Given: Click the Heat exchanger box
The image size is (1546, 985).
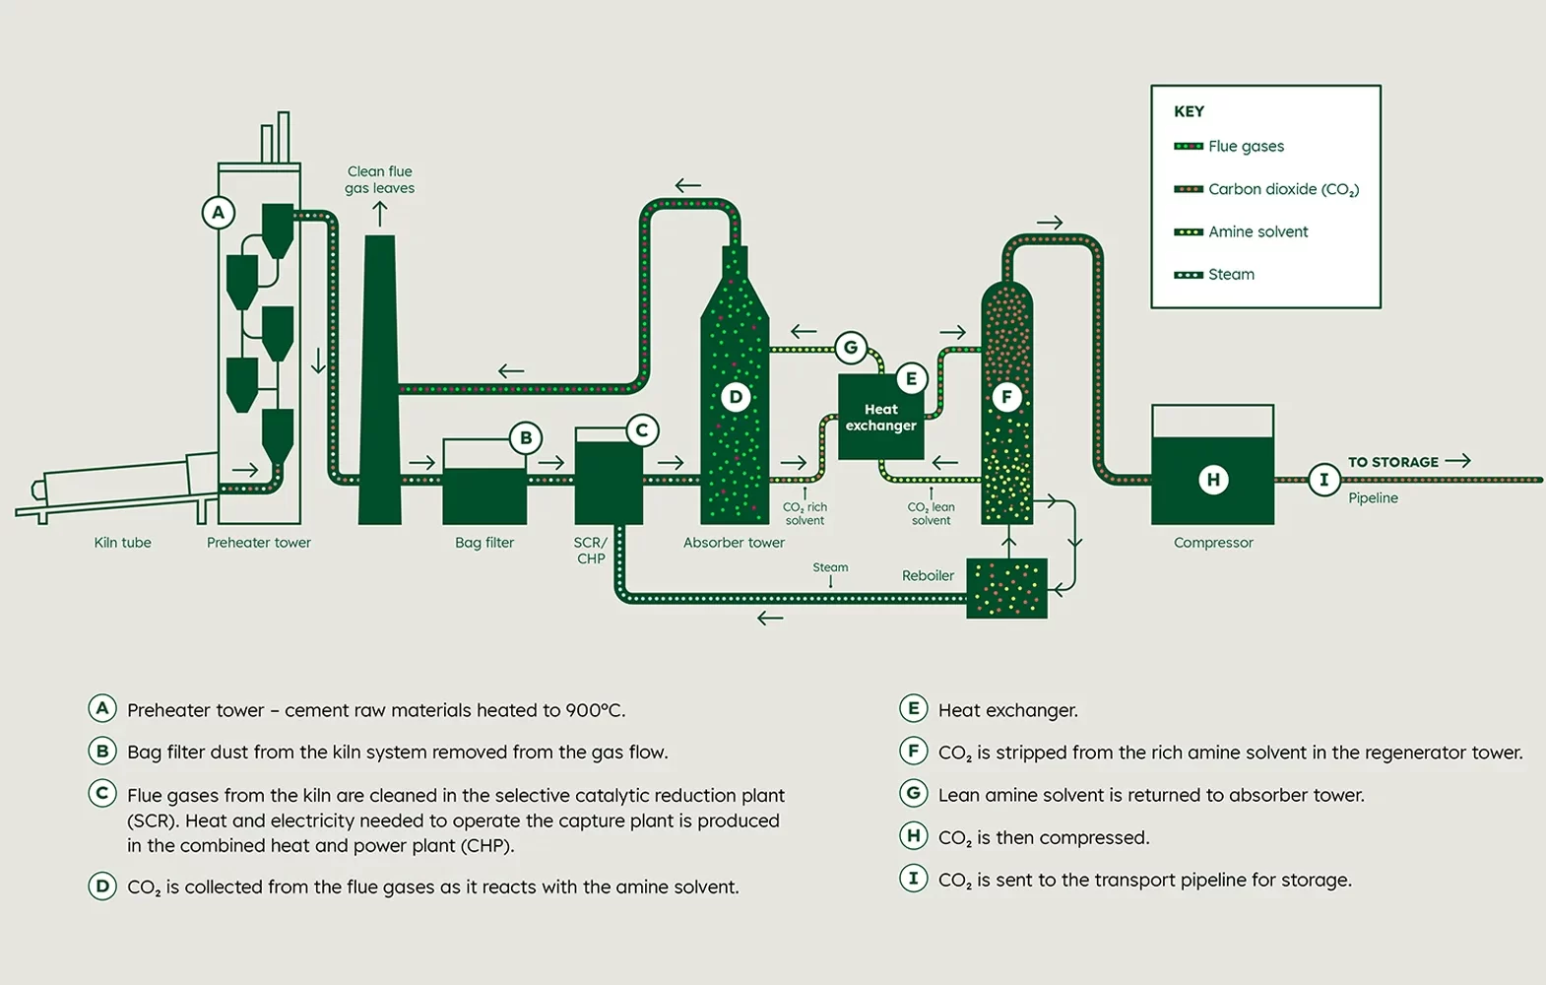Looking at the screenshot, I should (880, 418).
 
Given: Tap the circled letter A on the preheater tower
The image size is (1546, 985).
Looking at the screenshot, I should (219, 213).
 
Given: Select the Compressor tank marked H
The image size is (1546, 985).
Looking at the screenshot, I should (1212, 479).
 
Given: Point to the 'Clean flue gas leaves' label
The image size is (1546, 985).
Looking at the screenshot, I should (379, 179).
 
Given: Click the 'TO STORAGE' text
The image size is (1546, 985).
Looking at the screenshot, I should (1392, 462).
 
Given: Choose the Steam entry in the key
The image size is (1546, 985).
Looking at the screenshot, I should (1231, 275).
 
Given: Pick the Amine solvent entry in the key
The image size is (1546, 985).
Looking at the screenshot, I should (1257, 231).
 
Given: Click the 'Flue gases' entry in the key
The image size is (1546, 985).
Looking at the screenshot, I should (1246, 147).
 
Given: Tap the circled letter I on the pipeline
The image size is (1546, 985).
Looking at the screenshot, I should (1323, 480).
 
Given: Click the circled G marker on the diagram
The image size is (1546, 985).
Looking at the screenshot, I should (851, 347).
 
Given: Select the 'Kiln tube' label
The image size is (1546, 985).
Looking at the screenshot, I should (122, 543).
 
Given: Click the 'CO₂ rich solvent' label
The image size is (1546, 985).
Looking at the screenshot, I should (805, 513).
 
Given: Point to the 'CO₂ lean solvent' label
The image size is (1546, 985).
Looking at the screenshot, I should (931, 513).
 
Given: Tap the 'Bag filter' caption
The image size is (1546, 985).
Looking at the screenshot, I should (484, 543).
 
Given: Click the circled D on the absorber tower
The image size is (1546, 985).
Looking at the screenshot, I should (736, 397).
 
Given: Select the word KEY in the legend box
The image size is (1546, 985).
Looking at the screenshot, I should (1189, 111).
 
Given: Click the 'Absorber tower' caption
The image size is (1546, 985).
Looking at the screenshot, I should (734, 543).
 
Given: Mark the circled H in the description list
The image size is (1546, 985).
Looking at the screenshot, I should (913, 836).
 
